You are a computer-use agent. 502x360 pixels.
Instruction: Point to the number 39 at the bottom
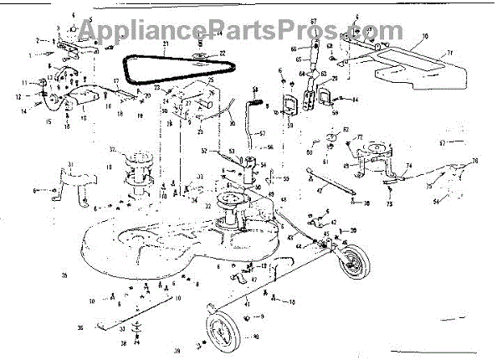(177, 350)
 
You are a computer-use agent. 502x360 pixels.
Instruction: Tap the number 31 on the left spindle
(70, 163)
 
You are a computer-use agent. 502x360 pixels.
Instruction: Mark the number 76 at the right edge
(474, 161)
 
